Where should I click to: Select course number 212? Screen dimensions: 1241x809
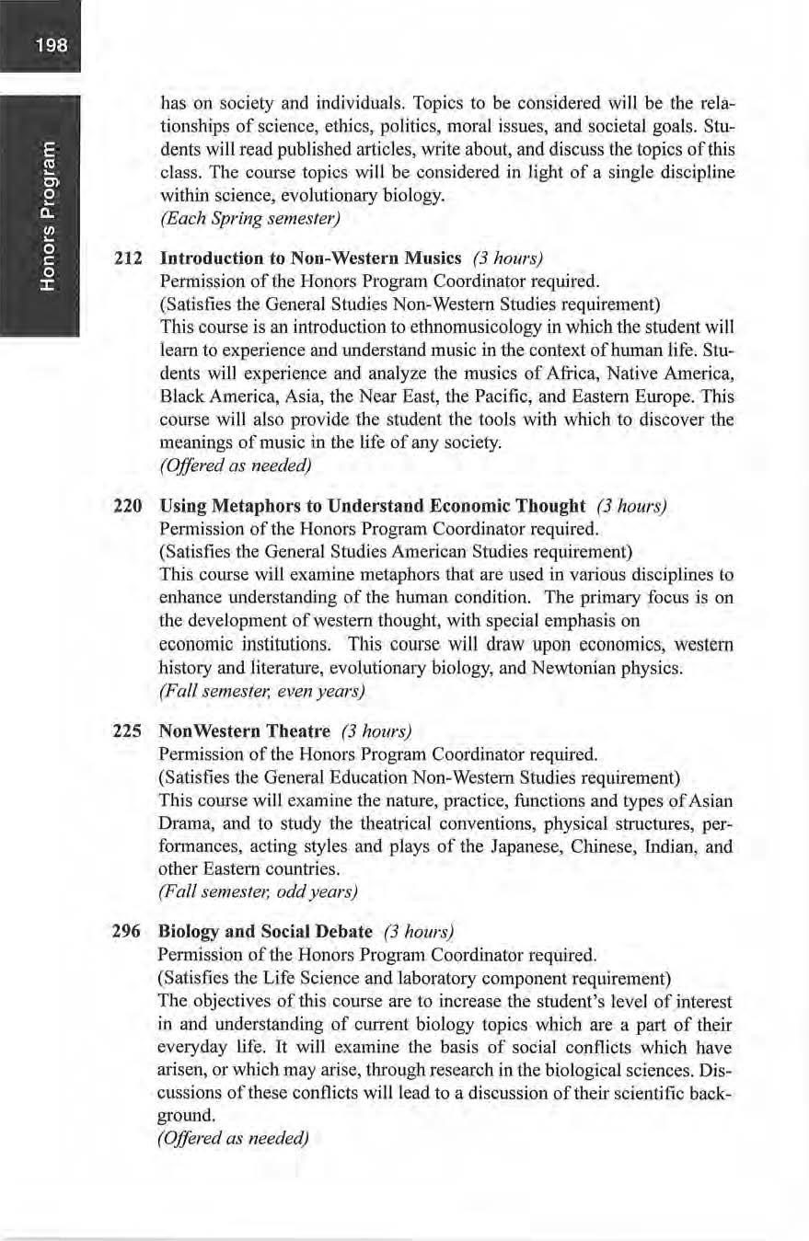tap(126, 259)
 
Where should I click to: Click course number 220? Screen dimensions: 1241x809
tap(126, 506)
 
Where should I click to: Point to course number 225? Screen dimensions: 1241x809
tap(126, 731)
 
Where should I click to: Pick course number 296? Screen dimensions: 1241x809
tap(126, 932)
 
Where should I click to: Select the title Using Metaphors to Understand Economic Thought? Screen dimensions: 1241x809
tap(373, 506)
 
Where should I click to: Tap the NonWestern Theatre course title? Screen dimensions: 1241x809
tap(245, 731)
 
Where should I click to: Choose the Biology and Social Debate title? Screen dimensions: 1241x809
tap(266, 932)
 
